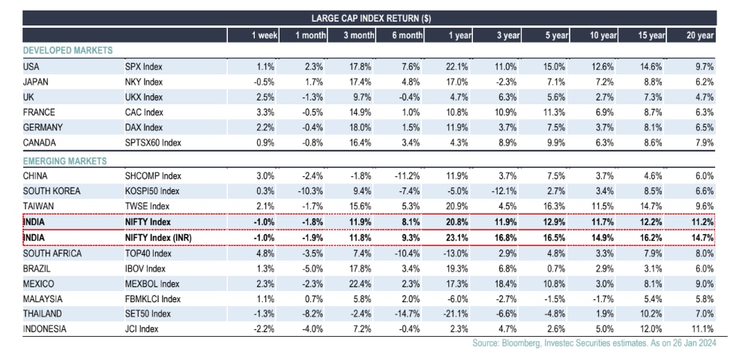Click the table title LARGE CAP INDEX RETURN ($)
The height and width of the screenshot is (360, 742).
(370, 18)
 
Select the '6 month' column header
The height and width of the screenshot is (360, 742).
(407, 34)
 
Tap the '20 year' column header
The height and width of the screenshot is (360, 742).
(700, 34)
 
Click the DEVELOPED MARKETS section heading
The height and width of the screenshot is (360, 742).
(67, 50)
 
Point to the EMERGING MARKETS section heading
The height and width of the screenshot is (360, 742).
(65, 160)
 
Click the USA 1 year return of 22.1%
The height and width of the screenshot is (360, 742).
(458, 66)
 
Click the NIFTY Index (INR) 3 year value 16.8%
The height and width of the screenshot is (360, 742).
(507, 238)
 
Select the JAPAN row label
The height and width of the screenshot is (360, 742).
(37, 82)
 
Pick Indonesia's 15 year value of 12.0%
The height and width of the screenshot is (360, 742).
(652, 329)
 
